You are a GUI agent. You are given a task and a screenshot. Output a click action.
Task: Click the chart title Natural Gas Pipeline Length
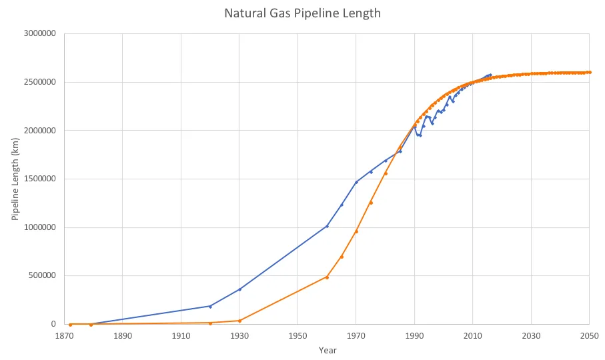point(303,13)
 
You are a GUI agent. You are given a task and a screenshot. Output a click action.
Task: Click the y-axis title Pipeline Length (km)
point(15,179)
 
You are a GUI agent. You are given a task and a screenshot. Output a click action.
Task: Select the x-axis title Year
point(328,351)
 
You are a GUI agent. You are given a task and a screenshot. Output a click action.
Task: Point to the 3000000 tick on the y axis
point(40,33)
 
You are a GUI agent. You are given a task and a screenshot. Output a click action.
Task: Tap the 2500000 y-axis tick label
point(40,82)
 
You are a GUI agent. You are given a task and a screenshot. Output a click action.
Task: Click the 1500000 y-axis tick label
point(40,179)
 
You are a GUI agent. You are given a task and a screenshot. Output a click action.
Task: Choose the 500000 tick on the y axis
point(42,275)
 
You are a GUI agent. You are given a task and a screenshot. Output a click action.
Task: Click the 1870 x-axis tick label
point(64,336)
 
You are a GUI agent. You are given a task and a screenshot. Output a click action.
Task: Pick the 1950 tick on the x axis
point(297,336)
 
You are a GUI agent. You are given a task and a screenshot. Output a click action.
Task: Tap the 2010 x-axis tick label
point(473,336)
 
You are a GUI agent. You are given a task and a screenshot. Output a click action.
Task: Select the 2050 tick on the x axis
point(589,336)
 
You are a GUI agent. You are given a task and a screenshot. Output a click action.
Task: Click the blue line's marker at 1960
point(327,226)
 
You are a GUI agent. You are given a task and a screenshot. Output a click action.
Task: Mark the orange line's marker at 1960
point(327,277)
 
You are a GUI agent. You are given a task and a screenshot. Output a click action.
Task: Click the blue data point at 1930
point(239,289)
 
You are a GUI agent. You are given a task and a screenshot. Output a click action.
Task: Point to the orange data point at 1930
point(239,321)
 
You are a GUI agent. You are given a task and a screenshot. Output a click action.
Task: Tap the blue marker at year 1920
point(210,307)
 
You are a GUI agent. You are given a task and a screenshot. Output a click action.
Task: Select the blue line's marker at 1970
point(356,182)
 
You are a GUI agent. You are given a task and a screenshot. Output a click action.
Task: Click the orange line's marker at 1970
point(356,231)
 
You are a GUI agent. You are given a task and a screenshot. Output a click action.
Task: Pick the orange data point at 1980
point(386,173)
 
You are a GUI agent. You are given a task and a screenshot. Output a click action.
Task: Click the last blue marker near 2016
point(490,75)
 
